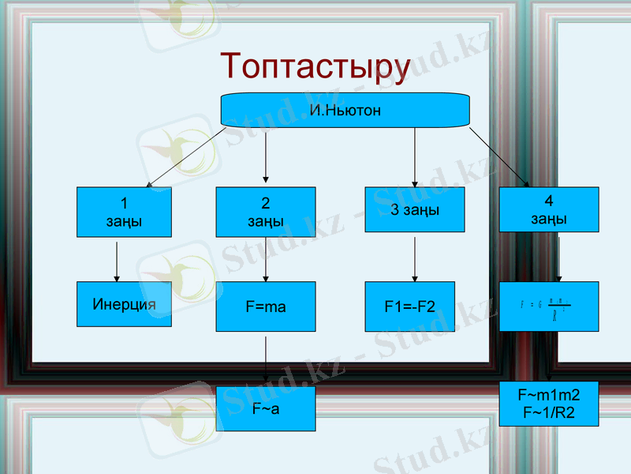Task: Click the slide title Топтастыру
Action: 315,66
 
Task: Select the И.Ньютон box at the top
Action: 345,111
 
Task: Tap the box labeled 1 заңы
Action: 124,212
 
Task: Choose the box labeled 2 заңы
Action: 265,212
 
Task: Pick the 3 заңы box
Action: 415,209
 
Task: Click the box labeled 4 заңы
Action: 548,209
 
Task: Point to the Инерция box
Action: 124,304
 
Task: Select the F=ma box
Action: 265,307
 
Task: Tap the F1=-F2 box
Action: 409,307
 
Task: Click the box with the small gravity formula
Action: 548,307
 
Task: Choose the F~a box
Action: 265,408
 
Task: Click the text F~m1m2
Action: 548,394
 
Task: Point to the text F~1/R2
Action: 548,411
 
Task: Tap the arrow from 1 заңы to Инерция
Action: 117,261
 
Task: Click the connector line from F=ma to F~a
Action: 265,359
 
